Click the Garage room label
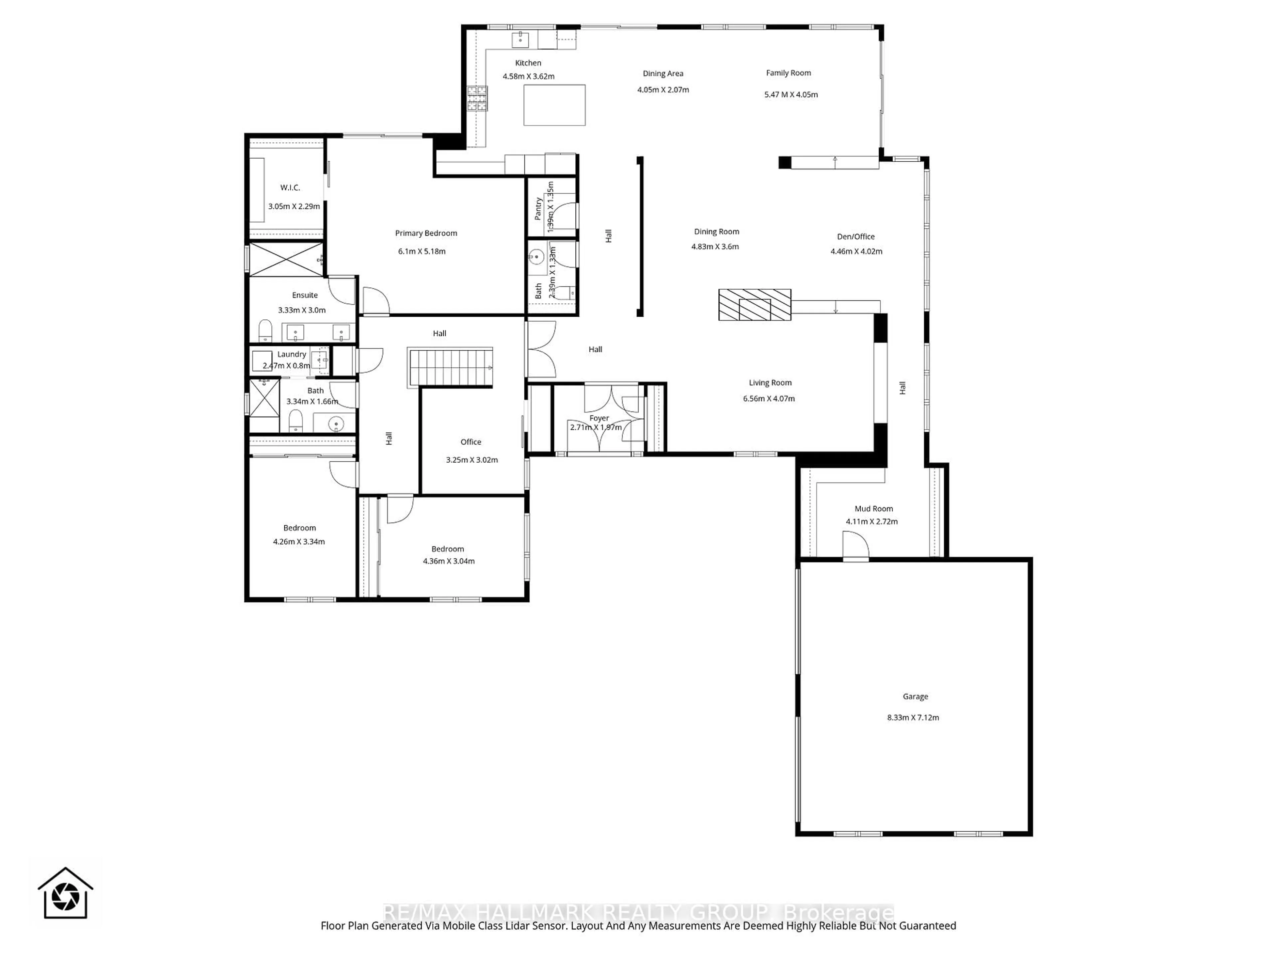click(x=915, y=697)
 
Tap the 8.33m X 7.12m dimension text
click(x=913, y=718)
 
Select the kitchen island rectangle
click(x=554, y=105)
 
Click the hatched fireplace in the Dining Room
click(x=754, y=305)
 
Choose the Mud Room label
click(x=874, y=509)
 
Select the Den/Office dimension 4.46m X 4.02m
click(x=856, y=251)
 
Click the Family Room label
click(x=788, y=73)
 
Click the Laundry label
click(x=292, y=354)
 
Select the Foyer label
click(x=599, y=418)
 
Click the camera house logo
click(x=65, y=893)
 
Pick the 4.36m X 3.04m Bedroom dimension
click(x=449, y=561)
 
